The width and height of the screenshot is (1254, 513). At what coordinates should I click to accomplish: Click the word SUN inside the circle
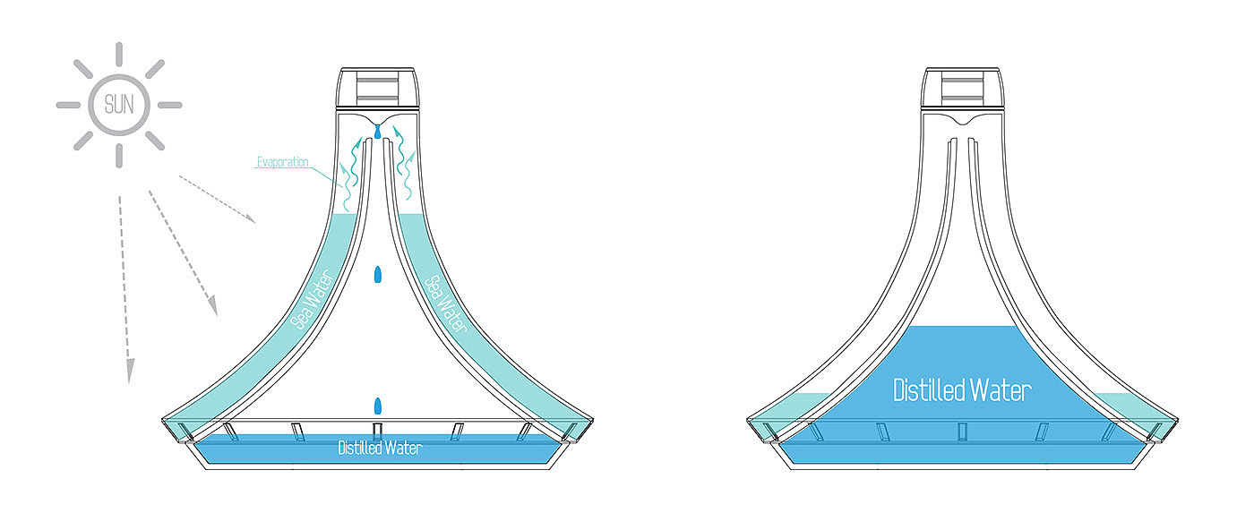tap(118, 105)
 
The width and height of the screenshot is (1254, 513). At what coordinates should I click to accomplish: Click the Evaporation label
tap(282, 162)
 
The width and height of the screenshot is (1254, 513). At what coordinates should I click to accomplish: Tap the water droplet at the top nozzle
tap(378, 132)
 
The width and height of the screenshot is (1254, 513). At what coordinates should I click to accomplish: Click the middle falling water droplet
tap(378, 274)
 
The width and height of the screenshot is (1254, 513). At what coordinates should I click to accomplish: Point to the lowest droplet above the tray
tap(378, 405)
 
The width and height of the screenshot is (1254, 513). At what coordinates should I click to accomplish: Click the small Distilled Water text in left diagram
tap(379, 448)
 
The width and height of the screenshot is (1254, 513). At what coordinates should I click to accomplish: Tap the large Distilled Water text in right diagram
tap(962, 390)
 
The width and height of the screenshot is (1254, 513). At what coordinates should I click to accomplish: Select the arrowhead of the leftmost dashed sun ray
tap(131, 372)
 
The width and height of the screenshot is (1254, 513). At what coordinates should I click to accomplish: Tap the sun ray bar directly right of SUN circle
tap(168, 105)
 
